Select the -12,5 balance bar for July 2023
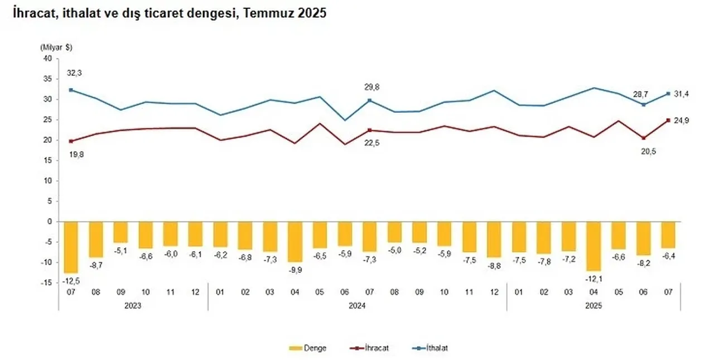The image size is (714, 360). pos(71,247)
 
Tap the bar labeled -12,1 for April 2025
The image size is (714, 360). pos(594,246)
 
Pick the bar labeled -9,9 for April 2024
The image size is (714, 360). pos(295,241)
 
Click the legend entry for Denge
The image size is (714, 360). pos(308,348)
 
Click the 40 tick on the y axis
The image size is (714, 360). pos(47,59)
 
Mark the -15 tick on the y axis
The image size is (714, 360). pos(46,282)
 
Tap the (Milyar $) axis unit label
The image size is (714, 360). pos(56,46)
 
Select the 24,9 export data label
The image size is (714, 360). pos(681,120)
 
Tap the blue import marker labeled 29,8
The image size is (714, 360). pos(370,100)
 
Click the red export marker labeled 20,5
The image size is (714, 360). pos(644,138)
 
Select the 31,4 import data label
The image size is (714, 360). pos(681,94)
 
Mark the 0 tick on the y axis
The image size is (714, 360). pos(49,222)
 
